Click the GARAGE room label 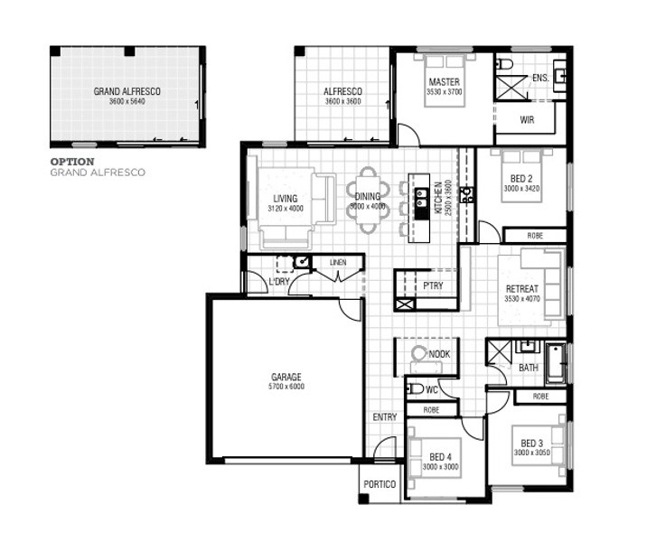[x=286, y=377]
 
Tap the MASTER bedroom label [x=444, y=82]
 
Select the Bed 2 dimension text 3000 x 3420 [x=521, y=189]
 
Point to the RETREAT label [x=521, y=289]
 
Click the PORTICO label [x=380, y=484]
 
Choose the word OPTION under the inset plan [x=72, y=162]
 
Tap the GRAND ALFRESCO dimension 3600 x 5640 [x=127, y=101]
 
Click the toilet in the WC [x=415, y=388]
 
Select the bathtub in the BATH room [x=556, y=363]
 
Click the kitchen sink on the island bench [x=421, y=198]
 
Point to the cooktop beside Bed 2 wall [x=466, y=195]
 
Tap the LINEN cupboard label [x=338, y=262]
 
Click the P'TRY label [x=433, y=285]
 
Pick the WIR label [x=527, y=120]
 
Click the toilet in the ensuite [x=504, y=64]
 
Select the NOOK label [x=439, y=354]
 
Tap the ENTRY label [x=385, y=417]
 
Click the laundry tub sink [x=302, y=262]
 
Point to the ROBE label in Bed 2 [x=535, y=236]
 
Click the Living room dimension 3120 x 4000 [x=286, y=209]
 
